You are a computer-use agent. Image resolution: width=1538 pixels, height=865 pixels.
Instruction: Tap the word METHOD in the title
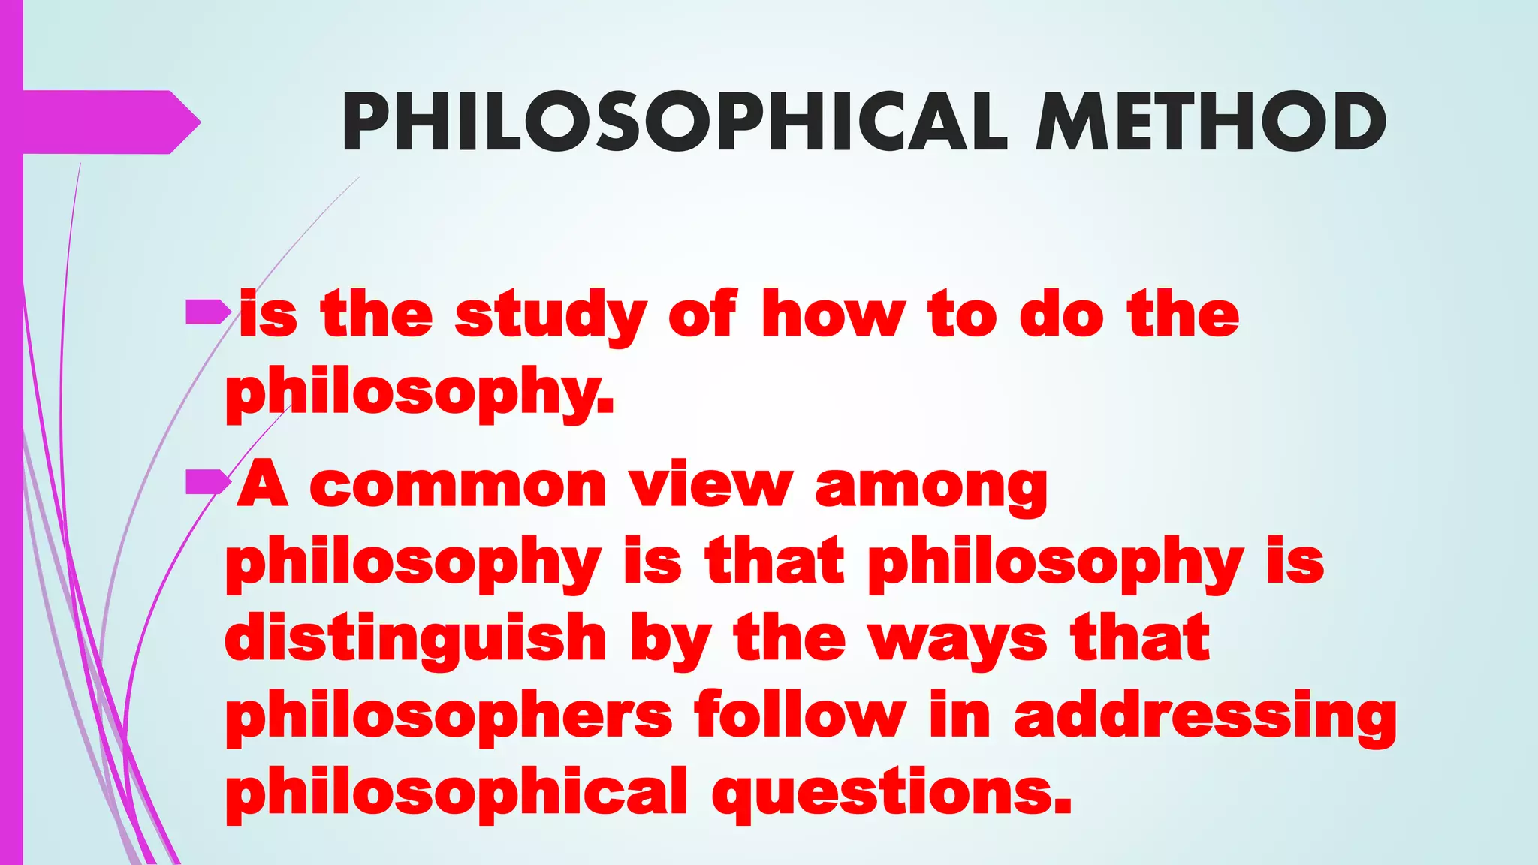coord(1210,122)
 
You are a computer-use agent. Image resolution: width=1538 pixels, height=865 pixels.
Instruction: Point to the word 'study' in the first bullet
coord(550,316)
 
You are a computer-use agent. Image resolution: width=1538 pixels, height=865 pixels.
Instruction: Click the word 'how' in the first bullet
coord(833,315)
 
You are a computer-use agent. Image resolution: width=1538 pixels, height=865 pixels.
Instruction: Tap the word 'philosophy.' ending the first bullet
coord(420,392)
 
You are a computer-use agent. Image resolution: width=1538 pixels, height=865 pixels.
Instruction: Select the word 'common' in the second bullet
coord(457,487)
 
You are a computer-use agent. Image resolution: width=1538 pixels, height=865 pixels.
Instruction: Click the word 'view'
coord(710,485)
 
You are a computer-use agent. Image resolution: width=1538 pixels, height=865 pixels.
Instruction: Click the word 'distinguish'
coord(415,638)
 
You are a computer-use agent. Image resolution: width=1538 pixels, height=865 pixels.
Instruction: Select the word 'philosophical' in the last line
coord(457,793)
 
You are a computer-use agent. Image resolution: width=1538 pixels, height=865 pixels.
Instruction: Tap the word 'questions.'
coord(891,793)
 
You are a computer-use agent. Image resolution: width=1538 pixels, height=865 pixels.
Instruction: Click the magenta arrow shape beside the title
coord(113,122)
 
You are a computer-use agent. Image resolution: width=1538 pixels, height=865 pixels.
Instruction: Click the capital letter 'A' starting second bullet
coord(263,484)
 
